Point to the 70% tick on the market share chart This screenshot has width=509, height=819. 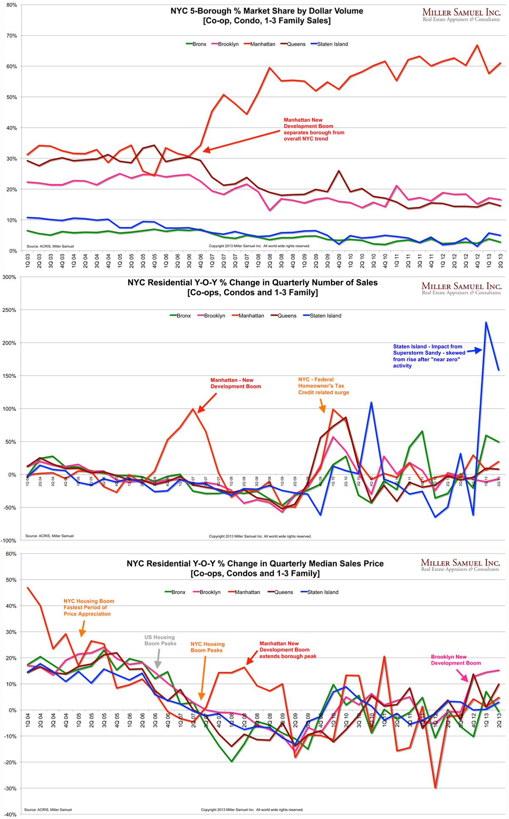tap(11, 36)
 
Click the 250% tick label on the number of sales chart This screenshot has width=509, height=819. tap(9, 310)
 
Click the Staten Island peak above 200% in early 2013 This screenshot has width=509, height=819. tap(486, 323)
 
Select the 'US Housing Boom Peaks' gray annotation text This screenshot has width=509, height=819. tap(160, 640)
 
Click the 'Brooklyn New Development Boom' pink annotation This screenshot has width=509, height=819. tap(456, 660)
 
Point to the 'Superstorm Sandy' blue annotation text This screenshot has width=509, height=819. tap(428, 356)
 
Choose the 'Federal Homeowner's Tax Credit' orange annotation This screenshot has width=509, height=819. tap(323, 386)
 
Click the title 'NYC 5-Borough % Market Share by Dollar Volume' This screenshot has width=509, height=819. tap(267, 11)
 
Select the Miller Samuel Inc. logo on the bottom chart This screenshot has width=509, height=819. tap(460, 565)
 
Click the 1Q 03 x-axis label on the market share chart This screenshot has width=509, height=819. tap(28, 260)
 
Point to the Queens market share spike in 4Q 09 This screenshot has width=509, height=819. tap(338, 171)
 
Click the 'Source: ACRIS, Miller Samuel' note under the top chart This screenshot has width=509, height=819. tap(50, 246)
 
